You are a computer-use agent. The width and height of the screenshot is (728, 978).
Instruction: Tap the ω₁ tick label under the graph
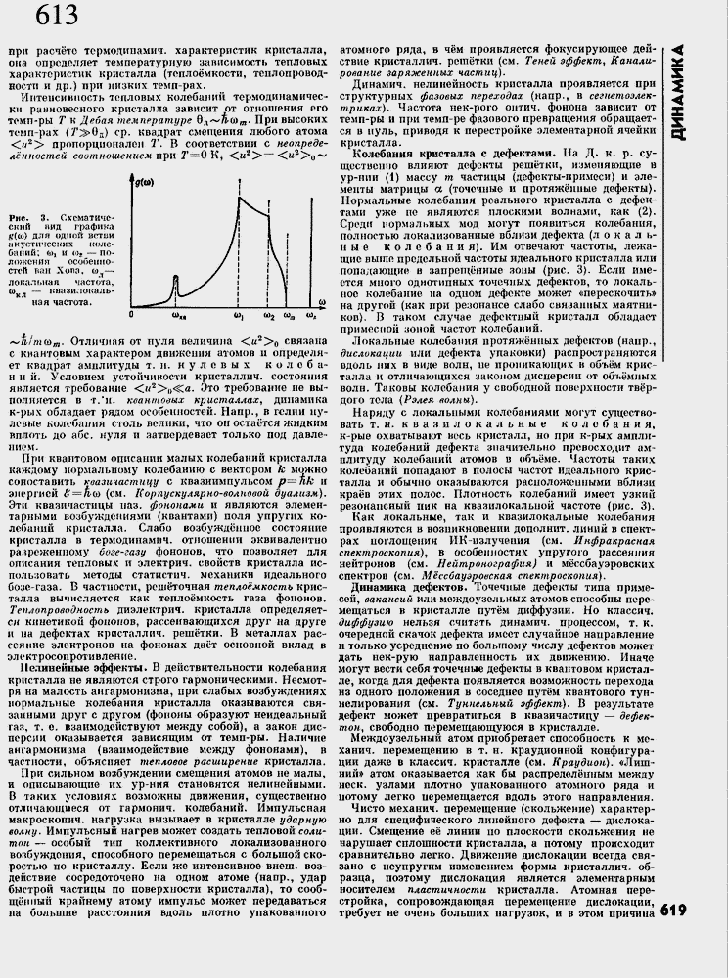(239, 317)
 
